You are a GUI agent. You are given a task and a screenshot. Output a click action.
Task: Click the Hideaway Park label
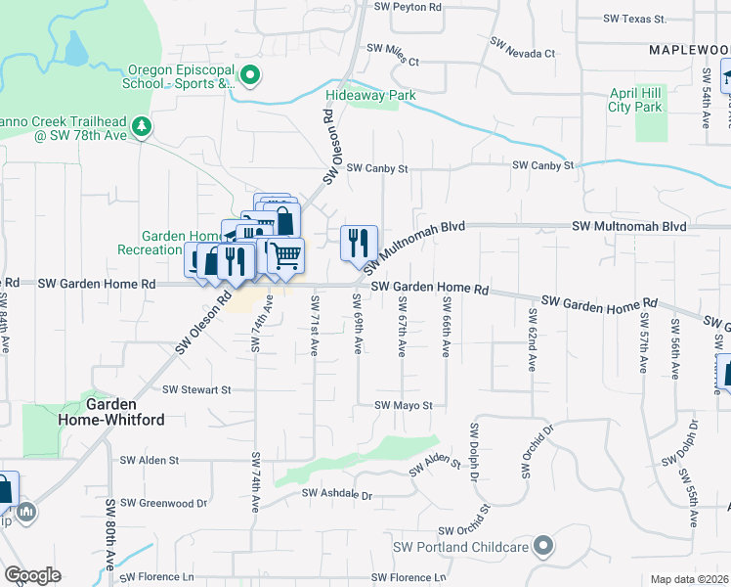tap(370, 95)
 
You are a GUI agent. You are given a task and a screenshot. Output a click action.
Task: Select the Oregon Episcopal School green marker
tap(249, 75)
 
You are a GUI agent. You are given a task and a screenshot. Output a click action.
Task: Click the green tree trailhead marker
tap(142, 126)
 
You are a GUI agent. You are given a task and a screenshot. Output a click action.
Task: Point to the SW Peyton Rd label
tap(408, 6)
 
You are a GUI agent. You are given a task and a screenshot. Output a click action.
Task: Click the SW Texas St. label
tap(634, 19)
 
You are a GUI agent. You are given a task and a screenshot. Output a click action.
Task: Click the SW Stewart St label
tap(196, 389)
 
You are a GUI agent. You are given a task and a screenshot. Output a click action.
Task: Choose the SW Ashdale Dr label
tap(337, 495)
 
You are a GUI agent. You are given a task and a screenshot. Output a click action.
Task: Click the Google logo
tap(32, 575)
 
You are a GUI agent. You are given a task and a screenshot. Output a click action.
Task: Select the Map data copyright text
tap(690, 579)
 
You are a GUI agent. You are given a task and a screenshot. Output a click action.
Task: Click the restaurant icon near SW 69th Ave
tap(359, 242)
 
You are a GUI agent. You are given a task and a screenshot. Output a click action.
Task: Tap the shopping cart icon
tap(285, 255)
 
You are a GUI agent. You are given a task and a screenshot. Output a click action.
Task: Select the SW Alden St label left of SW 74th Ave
tap(150, 459)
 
